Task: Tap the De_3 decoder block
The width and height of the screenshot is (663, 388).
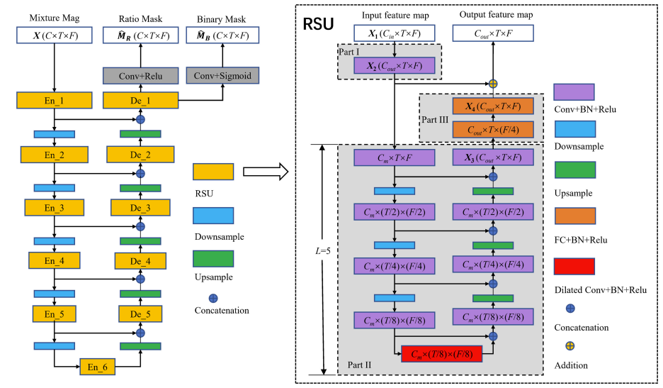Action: (140, 207)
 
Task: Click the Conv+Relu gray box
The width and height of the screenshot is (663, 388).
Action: (140, 75)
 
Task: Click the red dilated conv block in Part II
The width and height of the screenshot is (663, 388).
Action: (441, 353)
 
